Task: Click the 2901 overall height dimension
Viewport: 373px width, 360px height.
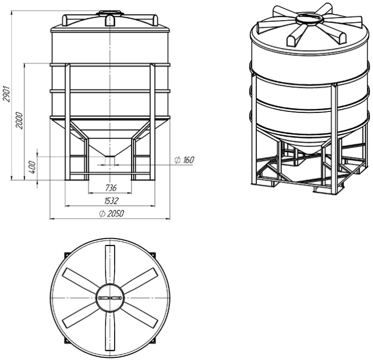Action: click(7, 93)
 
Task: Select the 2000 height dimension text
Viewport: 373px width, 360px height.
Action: click(20, 120)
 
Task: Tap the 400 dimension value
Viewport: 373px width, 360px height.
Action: click(33, 167)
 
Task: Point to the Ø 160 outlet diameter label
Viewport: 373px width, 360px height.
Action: click(184, 160)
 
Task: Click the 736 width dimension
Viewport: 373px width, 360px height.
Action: click(111, 188)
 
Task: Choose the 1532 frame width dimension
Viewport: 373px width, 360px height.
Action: click(111, 201)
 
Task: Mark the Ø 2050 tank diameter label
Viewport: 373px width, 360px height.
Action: click(111, 214)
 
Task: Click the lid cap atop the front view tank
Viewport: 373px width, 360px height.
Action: click(110, 12)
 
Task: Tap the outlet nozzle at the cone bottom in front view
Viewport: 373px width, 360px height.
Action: click(110, 160)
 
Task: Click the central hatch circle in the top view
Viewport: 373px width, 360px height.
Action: click(110, 298)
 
